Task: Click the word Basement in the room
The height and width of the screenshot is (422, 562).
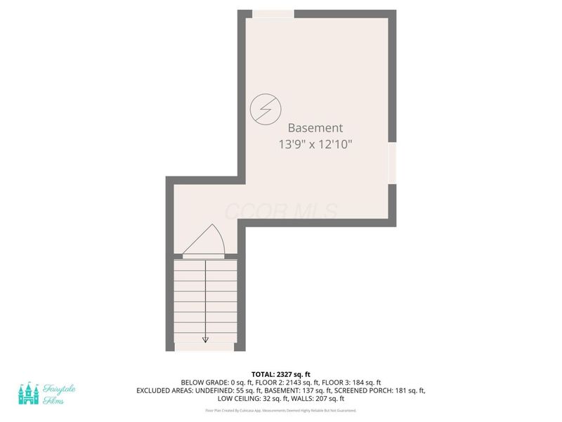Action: [315, 128]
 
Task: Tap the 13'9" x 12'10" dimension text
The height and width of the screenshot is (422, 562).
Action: [315, 145]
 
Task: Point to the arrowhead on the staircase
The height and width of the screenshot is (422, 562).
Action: [205, 339]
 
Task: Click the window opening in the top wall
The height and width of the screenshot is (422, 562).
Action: [273, 14]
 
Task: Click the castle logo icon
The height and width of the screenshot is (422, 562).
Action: [29, 392]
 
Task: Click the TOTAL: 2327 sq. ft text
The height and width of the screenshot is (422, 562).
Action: [280, 374]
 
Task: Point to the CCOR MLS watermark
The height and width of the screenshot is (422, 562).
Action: [280, 210]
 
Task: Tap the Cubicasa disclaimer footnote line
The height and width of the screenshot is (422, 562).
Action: [280, 410]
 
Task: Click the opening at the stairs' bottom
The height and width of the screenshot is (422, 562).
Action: [205, 347]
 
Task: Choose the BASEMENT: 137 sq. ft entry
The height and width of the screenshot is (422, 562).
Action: [294, 390]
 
